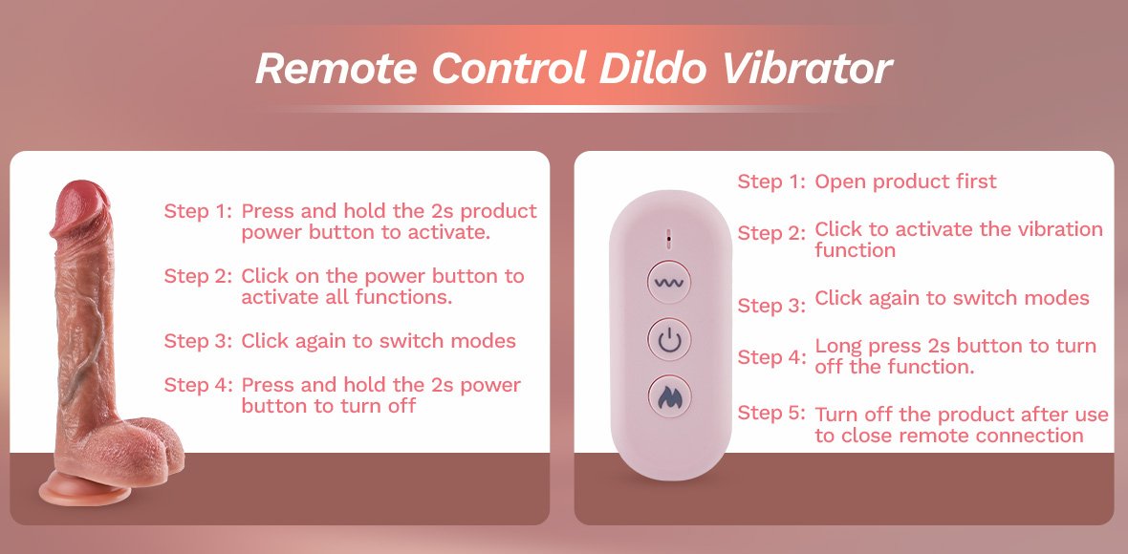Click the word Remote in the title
(x=336, y=68)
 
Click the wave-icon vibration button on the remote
(x=670, y=283)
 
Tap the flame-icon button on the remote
(x=670, y=396)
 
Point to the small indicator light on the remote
(x=669, y=236)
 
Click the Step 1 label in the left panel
(x=198, y=211)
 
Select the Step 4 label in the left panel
(x=198, y=385)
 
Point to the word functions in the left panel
(x=403, y=297)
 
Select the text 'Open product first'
(x=905, y=181)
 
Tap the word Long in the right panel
(x=838, y=347)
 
